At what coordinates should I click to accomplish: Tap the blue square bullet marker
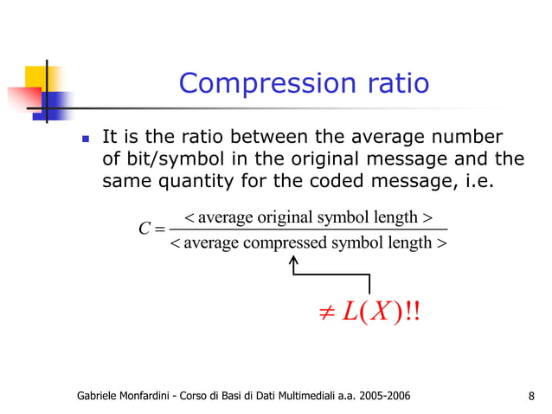(x=85, y=139)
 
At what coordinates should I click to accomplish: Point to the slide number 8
(x=530, y=397)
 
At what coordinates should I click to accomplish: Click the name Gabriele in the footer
(x=101, y=397)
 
